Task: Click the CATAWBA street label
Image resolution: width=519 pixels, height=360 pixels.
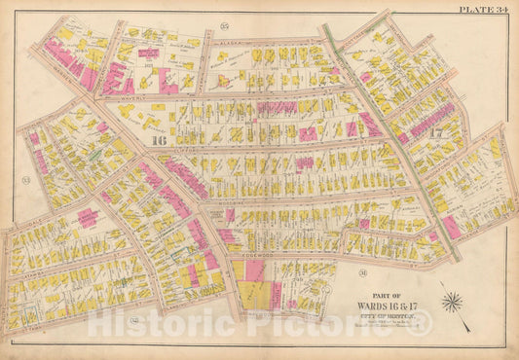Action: pos(39,274)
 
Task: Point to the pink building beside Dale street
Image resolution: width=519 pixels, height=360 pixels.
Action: pos(88,218)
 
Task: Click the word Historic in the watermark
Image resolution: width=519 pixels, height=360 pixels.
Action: pos(166,323)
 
